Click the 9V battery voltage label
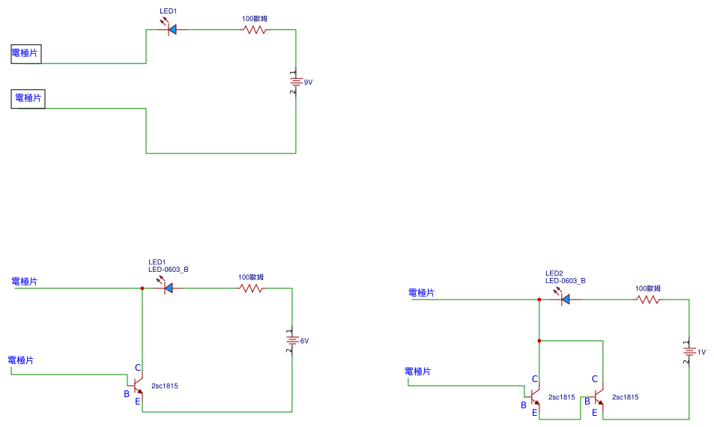click(308, 82)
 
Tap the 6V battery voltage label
click(304, 341)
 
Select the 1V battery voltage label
click(701, 351)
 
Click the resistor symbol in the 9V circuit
click(254, 30)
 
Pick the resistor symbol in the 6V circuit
click(252, 288)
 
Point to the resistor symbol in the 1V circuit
click(648, 300)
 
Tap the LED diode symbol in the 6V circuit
click(167, 288)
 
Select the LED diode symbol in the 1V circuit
click(564, 300)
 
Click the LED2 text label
click(554, 273)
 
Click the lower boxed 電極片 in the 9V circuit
click(28, 98)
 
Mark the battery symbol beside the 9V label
click(296, 82)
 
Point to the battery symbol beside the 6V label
click(292, 341)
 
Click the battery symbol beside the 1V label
click(689, 351)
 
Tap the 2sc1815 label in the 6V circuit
click(164, 386)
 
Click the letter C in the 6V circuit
click(138, 367)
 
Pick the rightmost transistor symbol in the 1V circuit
click(597, 397)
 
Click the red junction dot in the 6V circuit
click(142, 288)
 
